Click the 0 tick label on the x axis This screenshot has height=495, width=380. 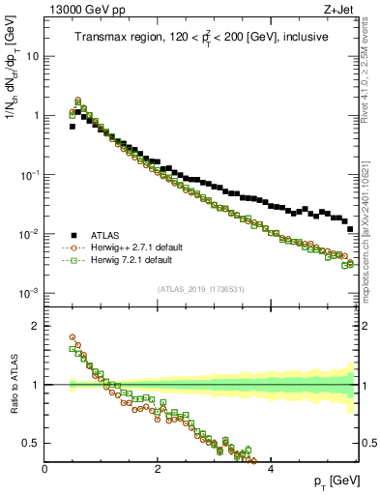tap(45, 469)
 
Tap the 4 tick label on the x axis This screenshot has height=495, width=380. tap(270, 469)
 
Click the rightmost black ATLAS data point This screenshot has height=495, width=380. tap(350, 229)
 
